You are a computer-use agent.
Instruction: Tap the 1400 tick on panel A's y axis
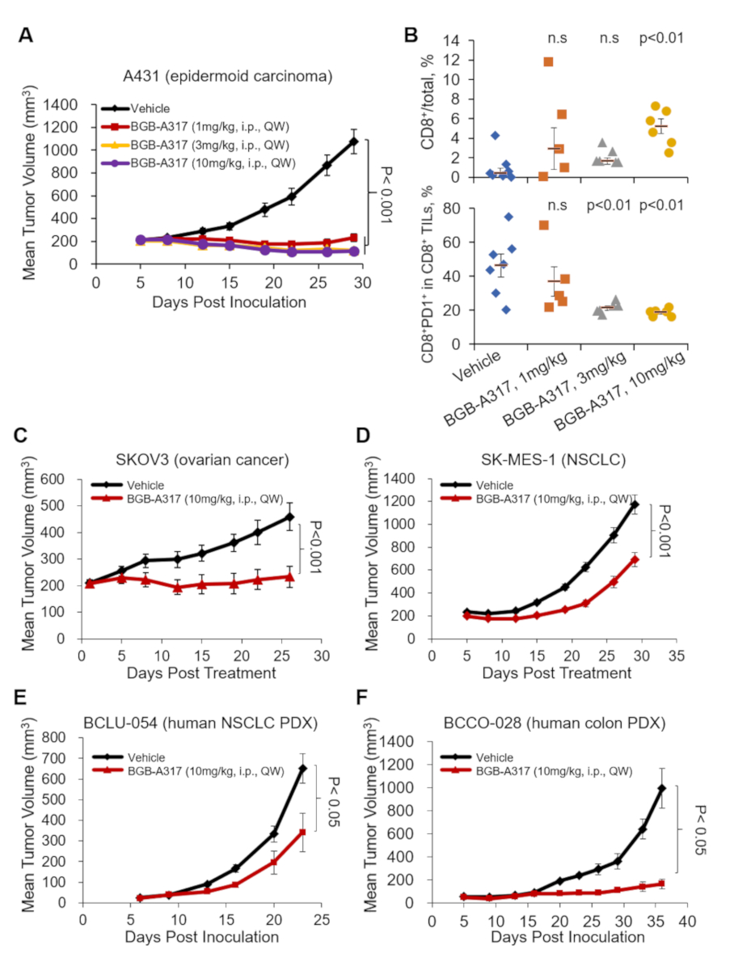[66, 105]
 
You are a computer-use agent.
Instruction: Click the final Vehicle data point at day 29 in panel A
[353, 141]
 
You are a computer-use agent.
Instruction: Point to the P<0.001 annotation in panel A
[384, 192]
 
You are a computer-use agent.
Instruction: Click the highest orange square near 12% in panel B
[548, 61]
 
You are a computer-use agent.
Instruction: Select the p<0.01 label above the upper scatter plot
[661, 36]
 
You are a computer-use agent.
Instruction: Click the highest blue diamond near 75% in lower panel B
[508, 217]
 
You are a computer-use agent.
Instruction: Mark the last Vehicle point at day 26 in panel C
[289, 517]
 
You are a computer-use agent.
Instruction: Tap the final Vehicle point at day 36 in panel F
[661, 788]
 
